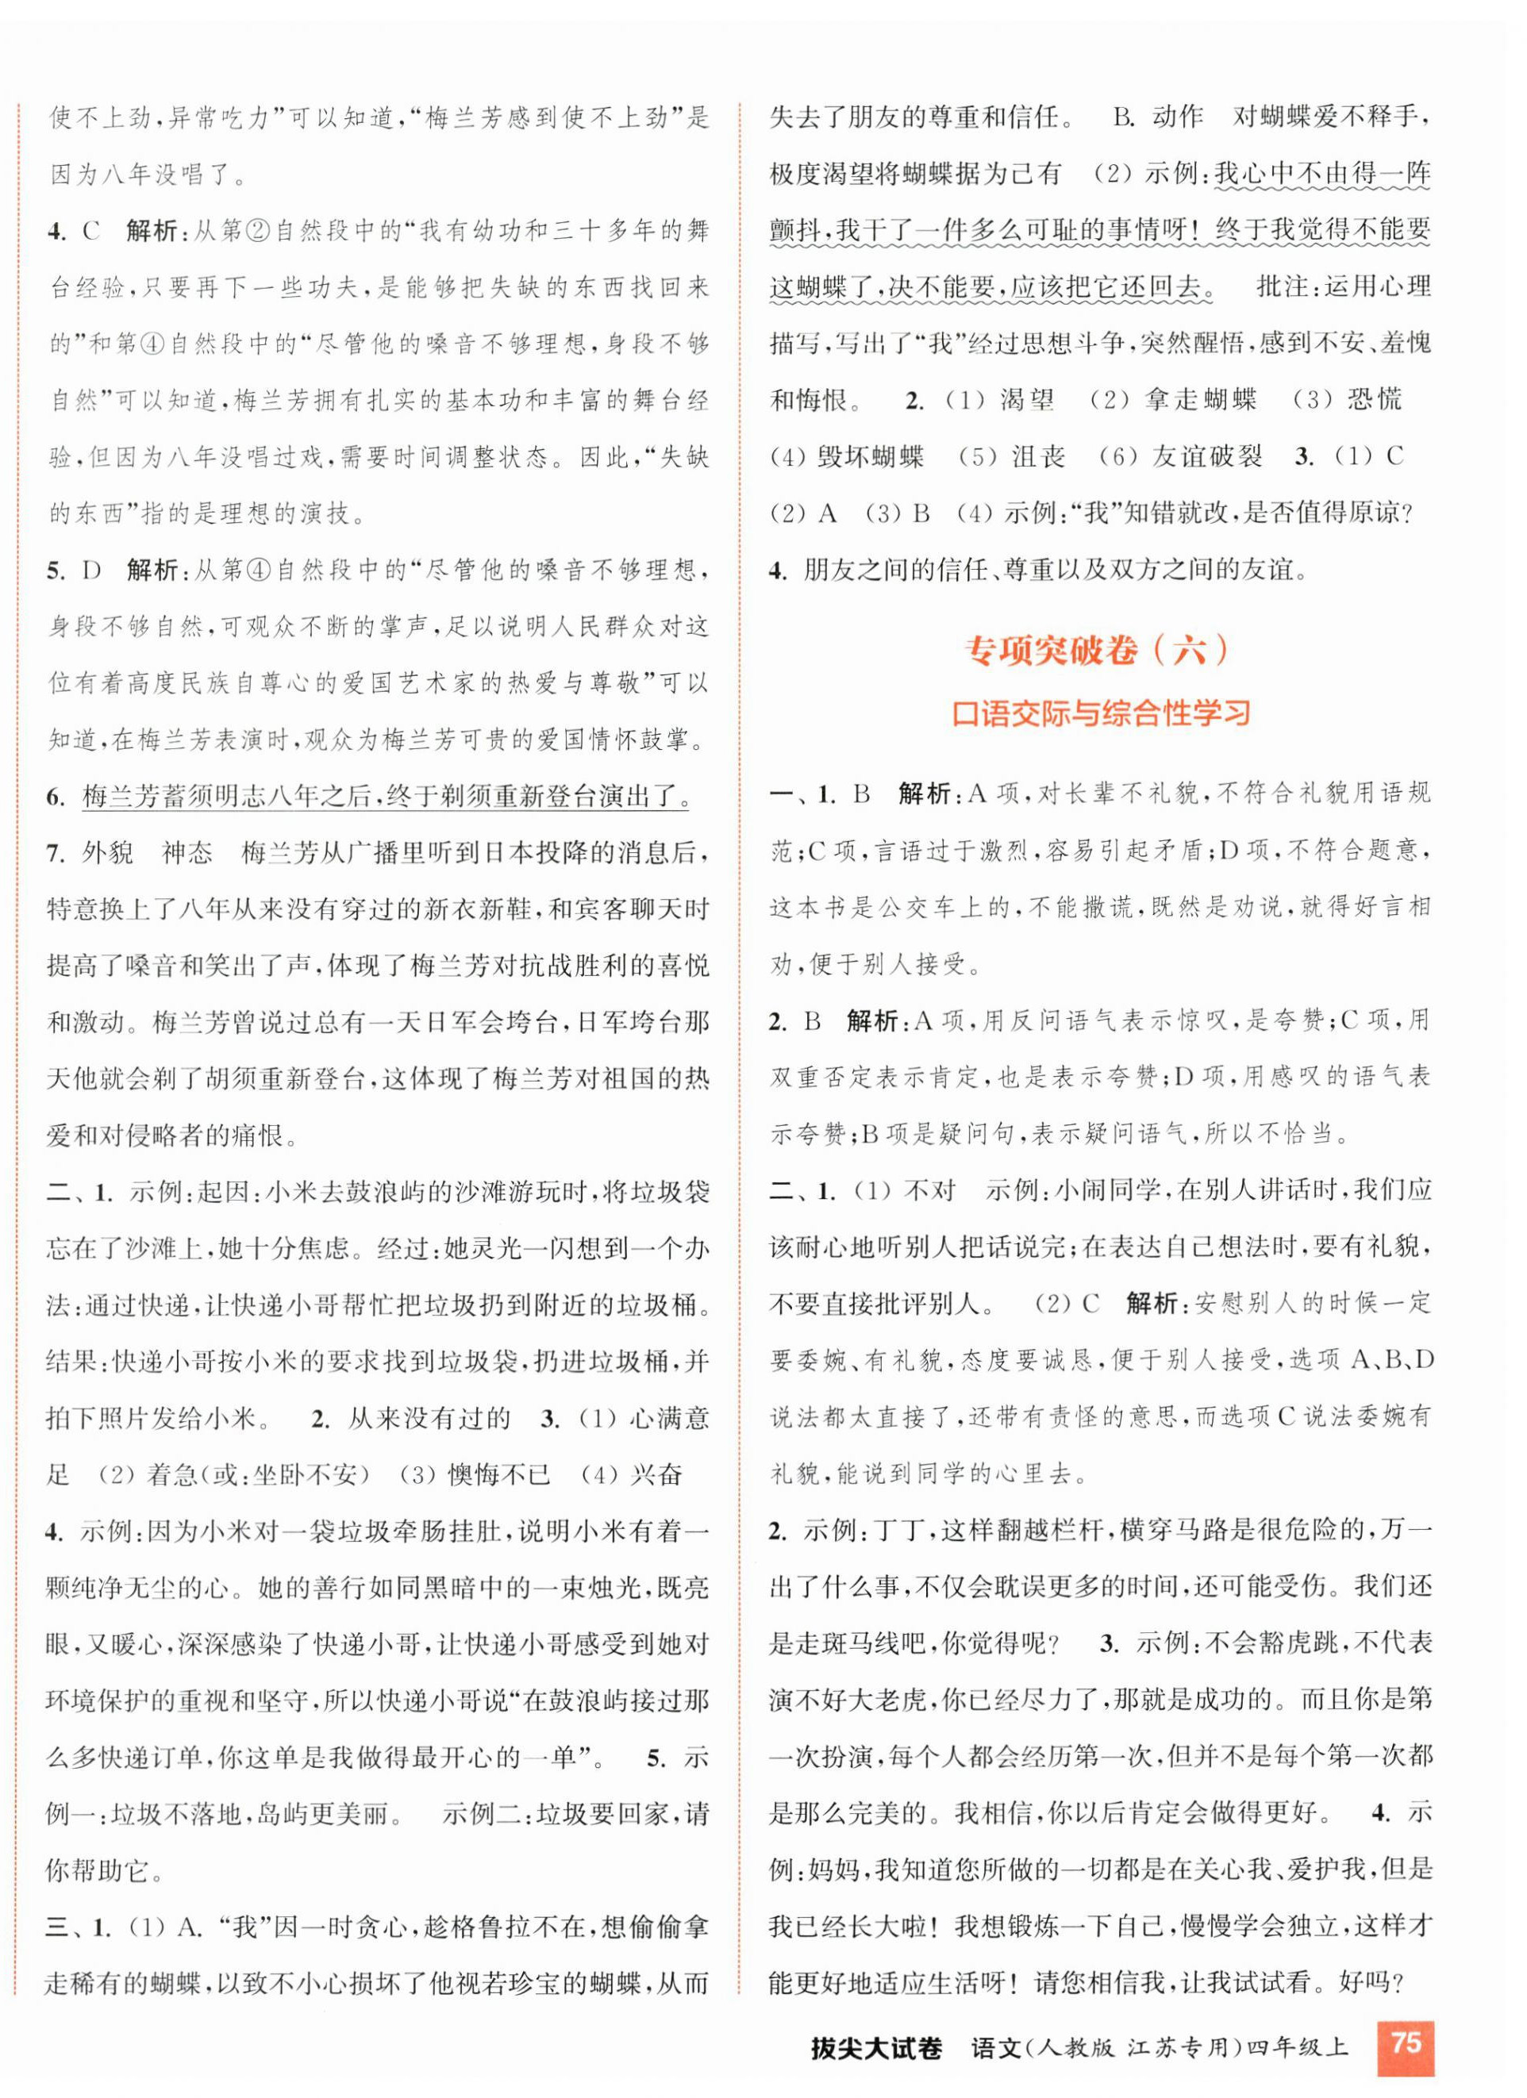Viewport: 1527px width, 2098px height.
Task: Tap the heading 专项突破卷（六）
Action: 1098,651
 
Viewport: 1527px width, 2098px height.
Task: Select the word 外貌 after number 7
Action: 107,853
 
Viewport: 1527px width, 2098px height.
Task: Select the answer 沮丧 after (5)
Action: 1038,456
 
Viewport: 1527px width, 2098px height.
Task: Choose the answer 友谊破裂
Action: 1207,456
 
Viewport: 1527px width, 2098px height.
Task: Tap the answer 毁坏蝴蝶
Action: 870,456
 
